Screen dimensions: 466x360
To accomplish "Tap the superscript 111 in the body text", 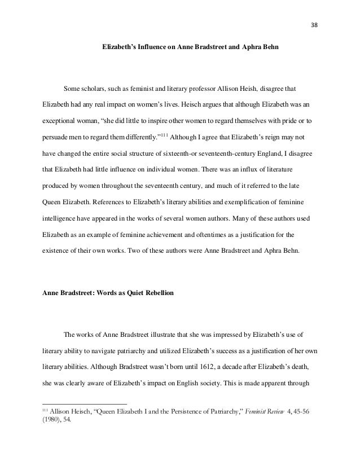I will [163, 135].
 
